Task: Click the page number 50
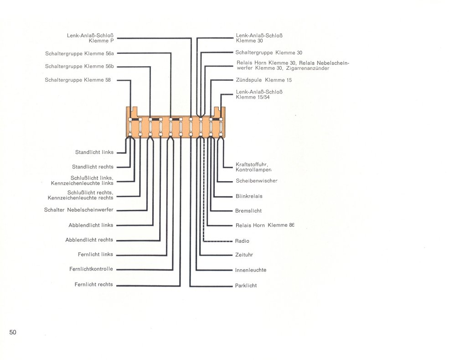point(13,332)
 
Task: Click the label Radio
point(242,241)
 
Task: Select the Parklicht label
point(246,286)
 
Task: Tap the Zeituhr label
point(244,255)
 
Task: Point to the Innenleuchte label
point(251,270)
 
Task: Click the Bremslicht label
point(248,211)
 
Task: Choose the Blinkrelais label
point(249,196)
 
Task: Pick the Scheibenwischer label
point(257,181)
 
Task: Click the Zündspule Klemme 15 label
point(264,80)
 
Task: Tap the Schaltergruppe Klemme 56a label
point(79,54)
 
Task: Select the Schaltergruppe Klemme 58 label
point(77,80)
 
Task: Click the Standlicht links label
point(94,152)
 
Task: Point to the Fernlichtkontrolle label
point(91,269)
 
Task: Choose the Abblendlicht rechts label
point(89,240)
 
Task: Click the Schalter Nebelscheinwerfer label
point(78,210)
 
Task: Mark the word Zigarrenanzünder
point(308,68)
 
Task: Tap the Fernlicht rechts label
point(93,284)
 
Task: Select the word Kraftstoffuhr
point(252,165)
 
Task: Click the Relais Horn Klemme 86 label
point(265,225)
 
